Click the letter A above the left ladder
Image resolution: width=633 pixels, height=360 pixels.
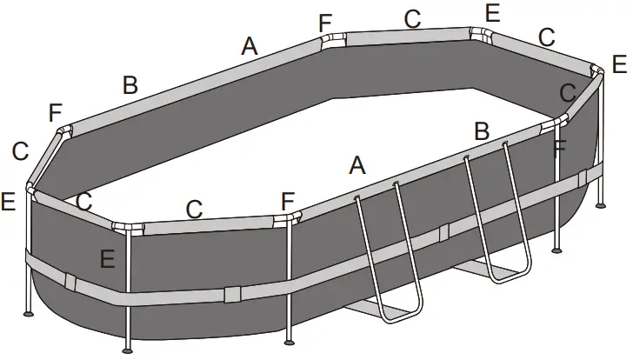tap(356, 165)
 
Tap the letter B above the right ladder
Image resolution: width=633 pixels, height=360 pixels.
tap(482, 132)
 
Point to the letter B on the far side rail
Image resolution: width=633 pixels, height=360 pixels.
tap(130, 85)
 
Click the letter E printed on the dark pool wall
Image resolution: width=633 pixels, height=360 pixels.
tap(107, 258)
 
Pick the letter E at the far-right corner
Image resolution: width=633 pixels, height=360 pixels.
tap(618, 63)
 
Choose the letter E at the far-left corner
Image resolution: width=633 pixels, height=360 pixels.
tap(9, 202)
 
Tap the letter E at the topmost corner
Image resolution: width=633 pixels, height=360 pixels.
tap(493, 12)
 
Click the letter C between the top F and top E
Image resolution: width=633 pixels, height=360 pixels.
tap(412, 17)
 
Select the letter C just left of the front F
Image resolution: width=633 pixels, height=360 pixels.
tap(195, 209)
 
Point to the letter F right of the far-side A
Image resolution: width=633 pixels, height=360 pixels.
tap(325, 22)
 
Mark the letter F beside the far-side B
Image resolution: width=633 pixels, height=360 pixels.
tap(57, 113)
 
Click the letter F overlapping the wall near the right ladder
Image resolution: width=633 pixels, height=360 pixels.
tap(560, 148)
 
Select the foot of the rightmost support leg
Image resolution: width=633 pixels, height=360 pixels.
tap(601, 206)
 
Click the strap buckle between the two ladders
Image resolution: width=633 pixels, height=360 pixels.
tap(444, 232)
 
